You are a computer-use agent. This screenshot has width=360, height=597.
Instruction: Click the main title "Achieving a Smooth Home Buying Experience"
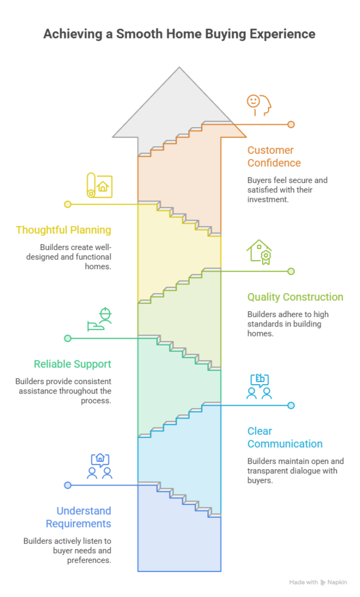[x=179, y=34]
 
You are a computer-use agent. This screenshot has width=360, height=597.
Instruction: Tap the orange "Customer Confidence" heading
[x=274, y=156]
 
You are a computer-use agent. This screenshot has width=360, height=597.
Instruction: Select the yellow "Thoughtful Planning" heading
[x=63, y=230]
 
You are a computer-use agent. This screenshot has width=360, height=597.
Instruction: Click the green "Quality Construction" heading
[x=295, y=297]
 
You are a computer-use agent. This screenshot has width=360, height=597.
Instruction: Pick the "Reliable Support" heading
[x=72, y=364]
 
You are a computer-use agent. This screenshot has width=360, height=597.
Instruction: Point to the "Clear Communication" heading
[x=285, y=437]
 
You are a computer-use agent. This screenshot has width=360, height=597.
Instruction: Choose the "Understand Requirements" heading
[x=79, y=517]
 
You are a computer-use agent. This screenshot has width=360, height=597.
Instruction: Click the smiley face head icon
[x=259, y=105]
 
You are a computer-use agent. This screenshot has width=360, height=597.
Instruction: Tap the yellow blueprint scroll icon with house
[x=100, y=185]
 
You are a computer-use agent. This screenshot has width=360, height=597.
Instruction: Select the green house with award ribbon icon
[x=259, y=252]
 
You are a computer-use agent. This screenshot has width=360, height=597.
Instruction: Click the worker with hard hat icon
[x=100, y=319]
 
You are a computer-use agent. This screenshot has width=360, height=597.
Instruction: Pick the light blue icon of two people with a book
[x=259, y=386]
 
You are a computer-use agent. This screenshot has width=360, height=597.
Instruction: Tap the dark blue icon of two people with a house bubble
[x=100, y=466]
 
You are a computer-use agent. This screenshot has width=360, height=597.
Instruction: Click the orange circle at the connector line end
[x=291, y=125]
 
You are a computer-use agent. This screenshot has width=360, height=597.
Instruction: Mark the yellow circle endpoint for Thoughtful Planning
[x=68, y=205]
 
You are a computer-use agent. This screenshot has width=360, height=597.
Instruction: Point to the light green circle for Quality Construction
[x=291, y=272]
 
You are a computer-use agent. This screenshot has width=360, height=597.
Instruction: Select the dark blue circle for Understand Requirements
[x=68, y=486]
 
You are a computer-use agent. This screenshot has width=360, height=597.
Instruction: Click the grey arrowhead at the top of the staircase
[x=179, y=103]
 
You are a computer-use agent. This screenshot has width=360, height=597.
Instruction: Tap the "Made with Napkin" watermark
[x=318, y=582]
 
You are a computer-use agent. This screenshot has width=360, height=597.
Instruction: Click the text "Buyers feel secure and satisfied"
[x=287, y=185]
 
